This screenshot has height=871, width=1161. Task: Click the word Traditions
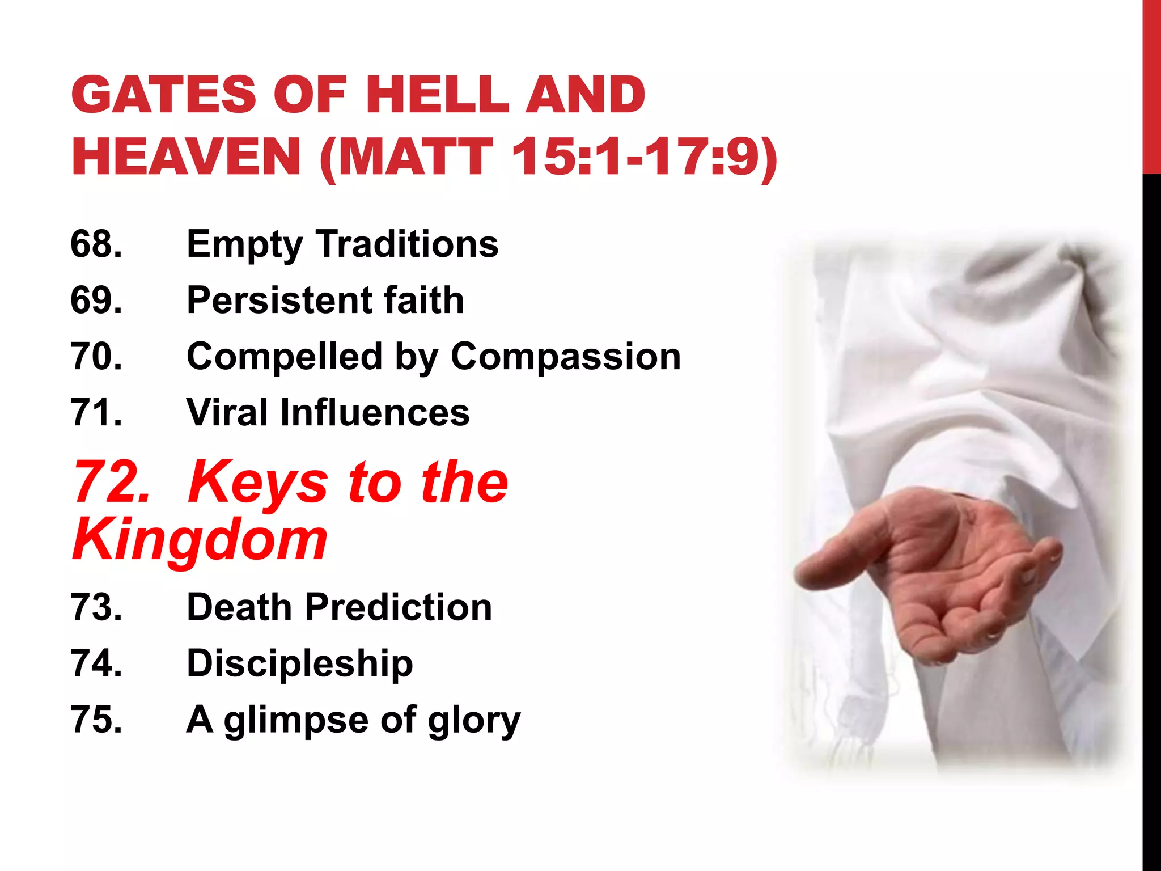(407, 244)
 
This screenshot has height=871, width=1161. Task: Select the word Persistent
(277, 300)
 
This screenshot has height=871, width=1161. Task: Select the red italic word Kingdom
(200, 540)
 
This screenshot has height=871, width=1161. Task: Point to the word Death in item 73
(239, 607)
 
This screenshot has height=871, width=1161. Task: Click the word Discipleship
(300, 663)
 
